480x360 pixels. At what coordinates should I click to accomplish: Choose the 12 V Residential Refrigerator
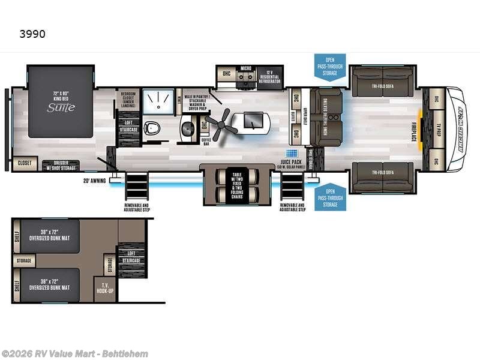[x=269, y=76]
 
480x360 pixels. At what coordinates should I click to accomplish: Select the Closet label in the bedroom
[x=24, y=163]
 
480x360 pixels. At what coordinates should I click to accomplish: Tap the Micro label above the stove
[x=245, y=69]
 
